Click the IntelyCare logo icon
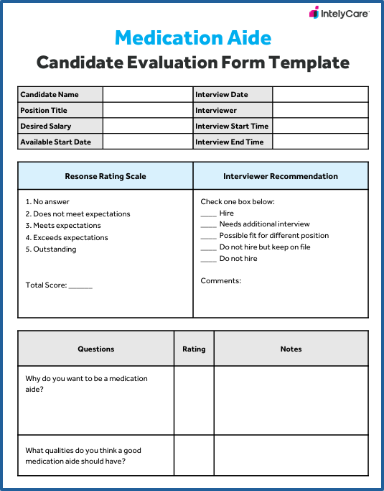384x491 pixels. (314, 12)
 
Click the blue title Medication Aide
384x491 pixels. (193, 37)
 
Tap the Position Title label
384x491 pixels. (44, 111)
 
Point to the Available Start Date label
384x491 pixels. (55, 142)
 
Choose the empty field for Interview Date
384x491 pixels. (320, 95)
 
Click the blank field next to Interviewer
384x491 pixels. (320, 111)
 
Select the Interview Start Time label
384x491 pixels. (232, 127)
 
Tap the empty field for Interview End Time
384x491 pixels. (320, 142)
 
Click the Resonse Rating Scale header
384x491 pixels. (106, 176)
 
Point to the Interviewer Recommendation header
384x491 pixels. (281, 176)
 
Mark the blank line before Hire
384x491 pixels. (208, 214)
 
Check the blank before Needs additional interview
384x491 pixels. (208, 225)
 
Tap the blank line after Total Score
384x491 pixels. (81, 286)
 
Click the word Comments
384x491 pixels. (221, 280)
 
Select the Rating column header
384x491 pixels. (194, 349)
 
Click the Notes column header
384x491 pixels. (291, 349)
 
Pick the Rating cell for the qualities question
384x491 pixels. (194, 456)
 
